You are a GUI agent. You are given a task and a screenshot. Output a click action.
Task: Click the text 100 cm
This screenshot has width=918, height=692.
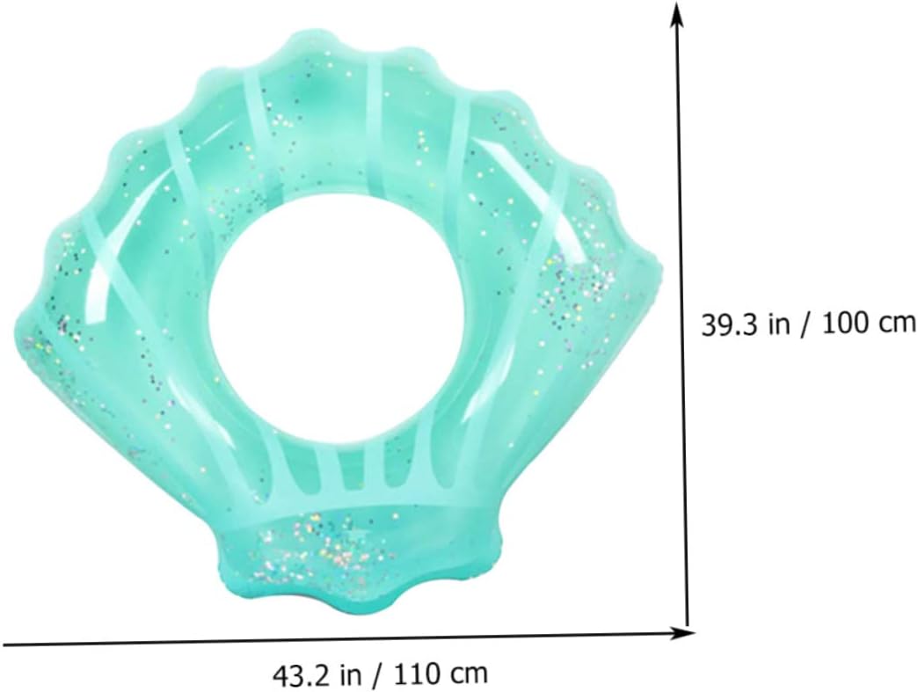[x=869, y=324]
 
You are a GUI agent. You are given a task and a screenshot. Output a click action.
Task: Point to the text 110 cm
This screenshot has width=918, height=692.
[x=441, y=674]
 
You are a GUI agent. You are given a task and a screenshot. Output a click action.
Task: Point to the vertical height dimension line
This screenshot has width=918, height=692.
[x=682, y=317]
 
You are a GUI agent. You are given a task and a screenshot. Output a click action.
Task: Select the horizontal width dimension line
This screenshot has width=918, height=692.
[x=347, y=638]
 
